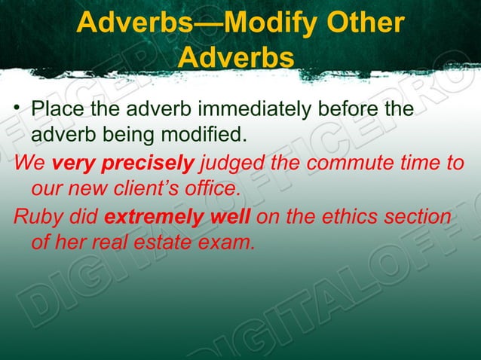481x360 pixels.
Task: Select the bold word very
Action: point(69,162)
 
